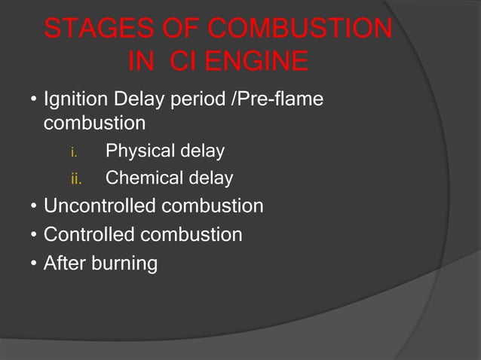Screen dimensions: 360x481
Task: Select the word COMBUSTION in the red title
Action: coord(299,30)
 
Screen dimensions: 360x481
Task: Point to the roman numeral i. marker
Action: coord(73,152)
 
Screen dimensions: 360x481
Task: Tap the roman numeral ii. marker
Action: coord(75,179)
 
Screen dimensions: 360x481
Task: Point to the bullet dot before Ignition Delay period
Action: coord(34,100)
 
